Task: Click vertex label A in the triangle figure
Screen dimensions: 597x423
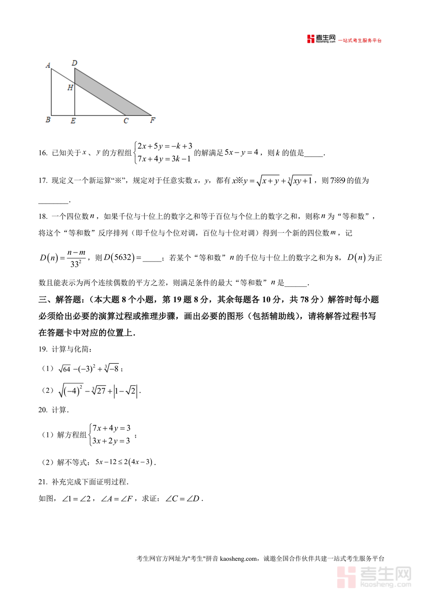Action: pos(48,66)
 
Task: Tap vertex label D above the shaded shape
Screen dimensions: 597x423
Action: pos(74,62)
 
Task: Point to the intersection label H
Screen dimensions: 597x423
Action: pos(70,87)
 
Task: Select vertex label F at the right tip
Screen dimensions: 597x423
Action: pos(152,120)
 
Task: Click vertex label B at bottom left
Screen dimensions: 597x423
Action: pos(48,120)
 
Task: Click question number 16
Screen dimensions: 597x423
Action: pos(43,153)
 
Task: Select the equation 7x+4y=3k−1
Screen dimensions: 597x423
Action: pos(164,159)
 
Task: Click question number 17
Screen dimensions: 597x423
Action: pos(43,181)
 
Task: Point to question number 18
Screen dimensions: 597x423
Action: pos(43,216)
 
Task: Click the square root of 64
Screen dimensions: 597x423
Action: pos(64,369)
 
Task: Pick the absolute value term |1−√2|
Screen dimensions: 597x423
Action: pos(126,390)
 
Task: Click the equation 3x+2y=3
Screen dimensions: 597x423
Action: pos(111,441)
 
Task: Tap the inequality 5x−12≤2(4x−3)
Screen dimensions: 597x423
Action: pos(125,462)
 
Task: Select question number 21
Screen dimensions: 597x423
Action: pos(43,482)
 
